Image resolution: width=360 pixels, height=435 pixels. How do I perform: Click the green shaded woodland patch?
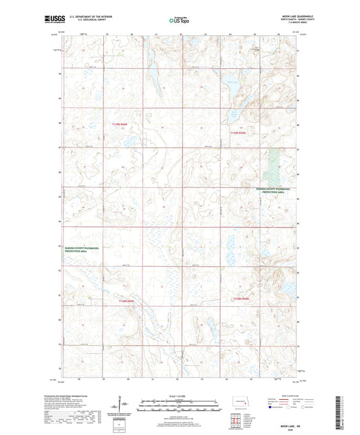274,163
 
